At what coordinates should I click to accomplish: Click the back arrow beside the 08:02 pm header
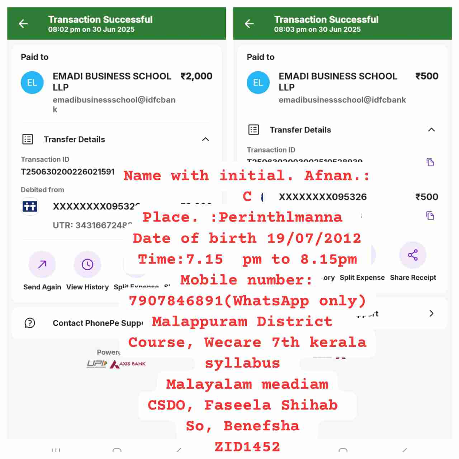(23, 24)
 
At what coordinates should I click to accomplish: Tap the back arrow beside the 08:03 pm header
(249, 24)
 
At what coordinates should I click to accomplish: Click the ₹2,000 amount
(197, 76)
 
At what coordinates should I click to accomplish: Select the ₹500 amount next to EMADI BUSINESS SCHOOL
(427, 76)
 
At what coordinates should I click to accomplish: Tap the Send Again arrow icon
(42, 265)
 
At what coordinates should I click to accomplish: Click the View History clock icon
(87, 265)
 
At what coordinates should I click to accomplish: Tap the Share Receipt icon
(413, 255)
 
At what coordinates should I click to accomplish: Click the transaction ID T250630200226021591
(68, 172)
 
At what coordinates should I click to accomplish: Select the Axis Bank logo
(128, 364)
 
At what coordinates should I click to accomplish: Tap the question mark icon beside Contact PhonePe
(30, 323)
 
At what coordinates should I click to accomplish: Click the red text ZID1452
(247, 446)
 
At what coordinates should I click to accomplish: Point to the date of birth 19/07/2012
(314, 238)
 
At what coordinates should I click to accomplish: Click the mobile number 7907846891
(176, 301)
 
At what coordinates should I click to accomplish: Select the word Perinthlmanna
(280, 217)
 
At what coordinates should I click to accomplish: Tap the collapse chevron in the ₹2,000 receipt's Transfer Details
(205, 139)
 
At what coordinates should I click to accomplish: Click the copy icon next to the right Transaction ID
(430, 162)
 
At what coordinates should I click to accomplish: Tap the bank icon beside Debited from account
(30, 206)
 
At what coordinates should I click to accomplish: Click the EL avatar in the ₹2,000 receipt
(32, 82)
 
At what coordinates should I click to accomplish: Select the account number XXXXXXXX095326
(323, 197)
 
